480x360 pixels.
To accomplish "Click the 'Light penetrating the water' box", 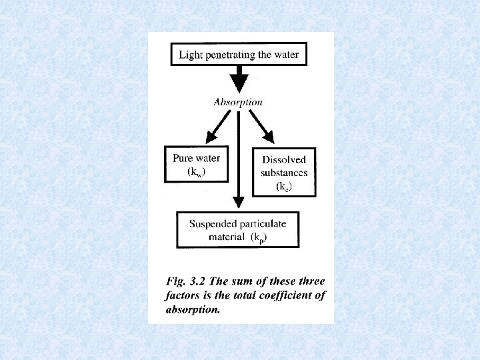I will pyautogui.click(x=239, y=55).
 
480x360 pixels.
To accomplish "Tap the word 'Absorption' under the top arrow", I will pyautogui.click(x=237, y=102).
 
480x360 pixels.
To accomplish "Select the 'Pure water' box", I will pyautogui.click(x=196, y=164).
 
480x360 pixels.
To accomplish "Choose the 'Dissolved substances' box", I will pyautogui.click(x=283, y=172).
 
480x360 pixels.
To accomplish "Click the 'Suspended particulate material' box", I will pyautogui.click(x=237, y=230).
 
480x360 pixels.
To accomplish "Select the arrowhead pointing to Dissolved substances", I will pyautogui.click(x=267, y=137).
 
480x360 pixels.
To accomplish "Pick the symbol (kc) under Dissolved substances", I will pyautogui.click(x=284, y=187).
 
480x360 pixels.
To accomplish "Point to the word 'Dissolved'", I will pyautogui.click(x=284, y=159).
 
